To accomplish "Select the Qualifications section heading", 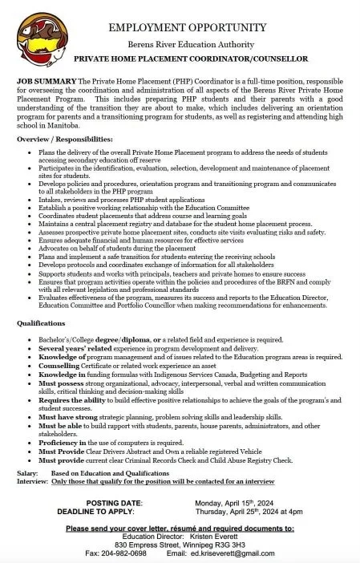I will tap(41, 322).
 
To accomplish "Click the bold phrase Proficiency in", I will tap(59, 443).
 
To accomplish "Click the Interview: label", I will tap(33, 482).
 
